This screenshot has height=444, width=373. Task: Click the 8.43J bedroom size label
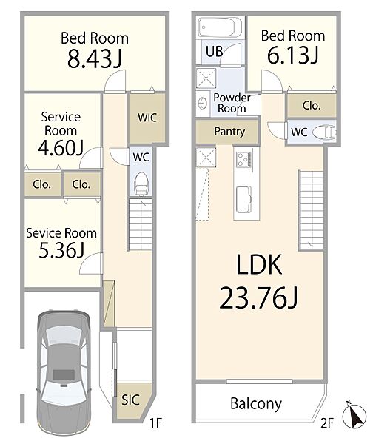tap(95, 59)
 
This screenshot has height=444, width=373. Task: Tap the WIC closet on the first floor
tap(147, 118)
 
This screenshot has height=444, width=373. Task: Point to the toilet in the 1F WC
tap(141, 184)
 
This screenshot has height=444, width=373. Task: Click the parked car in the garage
tap(64, 373)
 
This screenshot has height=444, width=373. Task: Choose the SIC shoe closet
tap(132, 400)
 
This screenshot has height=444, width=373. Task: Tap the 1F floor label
tap(155, 423)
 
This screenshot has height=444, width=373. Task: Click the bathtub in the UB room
tap(220, 27)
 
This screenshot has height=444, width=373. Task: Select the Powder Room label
tap(232, 103)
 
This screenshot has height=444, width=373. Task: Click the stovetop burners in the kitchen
tap(243, 159)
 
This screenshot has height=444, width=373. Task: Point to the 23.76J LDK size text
tap(258, 297)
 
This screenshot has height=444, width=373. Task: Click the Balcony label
tap(256, 404)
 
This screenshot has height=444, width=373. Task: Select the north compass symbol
tap(354, 416)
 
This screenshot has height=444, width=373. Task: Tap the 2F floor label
tap(327, 423)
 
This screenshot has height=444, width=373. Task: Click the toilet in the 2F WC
tap(323, 132)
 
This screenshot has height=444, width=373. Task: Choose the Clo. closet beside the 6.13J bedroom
tap(312, 106)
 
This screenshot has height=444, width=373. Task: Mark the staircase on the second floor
tap(312, 210)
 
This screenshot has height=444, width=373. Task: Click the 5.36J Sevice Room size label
tap(61, 250)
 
